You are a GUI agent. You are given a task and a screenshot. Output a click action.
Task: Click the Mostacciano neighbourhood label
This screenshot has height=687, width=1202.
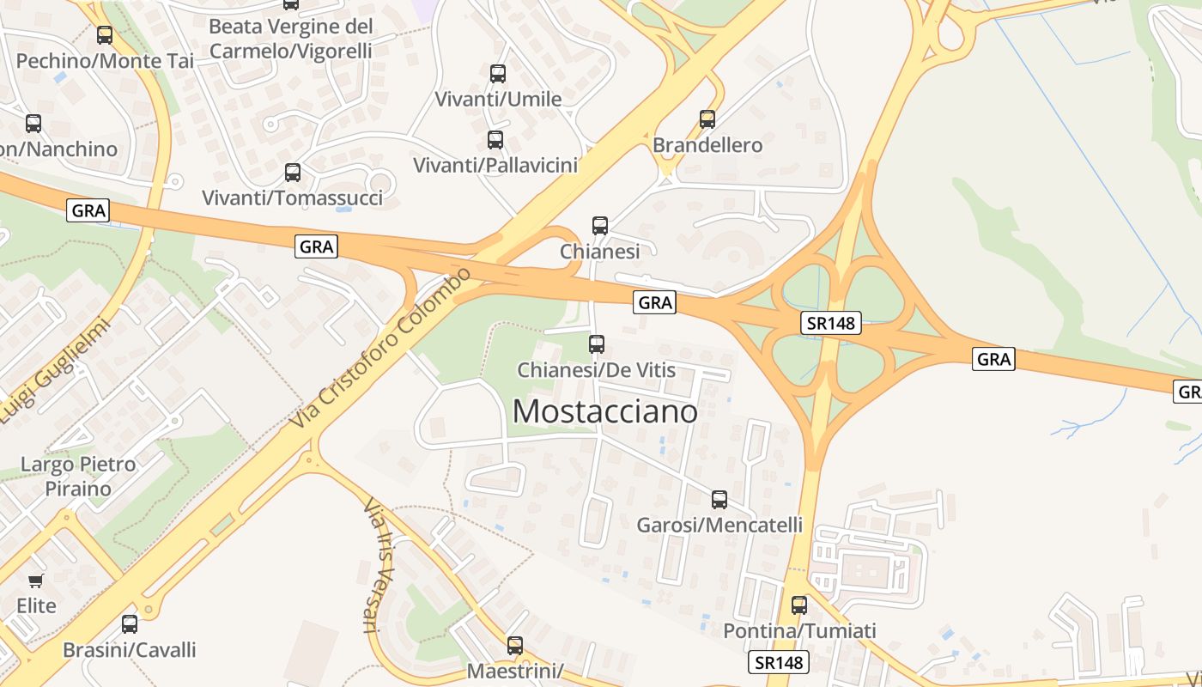pyautogui.click(x=604, y=411)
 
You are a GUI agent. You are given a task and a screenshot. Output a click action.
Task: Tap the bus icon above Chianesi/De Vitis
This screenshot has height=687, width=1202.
pyautogui.click(x=596, y=344)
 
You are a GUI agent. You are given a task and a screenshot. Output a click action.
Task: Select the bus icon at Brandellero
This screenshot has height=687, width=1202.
pyautogui.click(x=707, y=119)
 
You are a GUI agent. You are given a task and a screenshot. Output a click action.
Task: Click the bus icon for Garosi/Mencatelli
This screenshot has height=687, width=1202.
pyautogui.click(x=719, y=499)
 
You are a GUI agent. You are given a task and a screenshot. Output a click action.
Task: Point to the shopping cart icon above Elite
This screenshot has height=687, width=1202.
pyautogui.click(x=36, y=581)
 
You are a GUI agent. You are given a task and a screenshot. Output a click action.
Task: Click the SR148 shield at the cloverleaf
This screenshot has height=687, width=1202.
pyautogui.click(x=831, y=323)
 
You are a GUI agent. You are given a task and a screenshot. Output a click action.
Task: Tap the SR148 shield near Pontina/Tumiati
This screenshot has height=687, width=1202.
pyautogui.click(x=780, y=662)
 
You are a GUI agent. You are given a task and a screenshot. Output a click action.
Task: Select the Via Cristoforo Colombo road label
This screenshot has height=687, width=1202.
pyautogui.click(x=381, y=350)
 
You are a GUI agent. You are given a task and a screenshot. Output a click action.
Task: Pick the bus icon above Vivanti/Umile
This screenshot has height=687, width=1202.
pyautogui.click(x=498, y=74)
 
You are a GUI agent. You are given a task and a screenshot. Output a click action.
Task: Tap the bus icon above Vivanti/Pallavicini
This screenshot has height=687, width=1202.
pyautogui.click(x=495, y=139)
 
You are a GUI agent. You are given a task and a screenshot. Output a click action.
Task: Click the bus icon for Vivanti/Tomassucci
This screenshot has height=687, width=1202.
pyautogui.click(x=293, y=173)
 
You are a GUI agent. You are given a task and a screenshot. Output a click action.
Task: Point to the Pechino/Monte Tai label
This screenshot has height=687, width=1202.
pyautogui.click(x=105, y=61)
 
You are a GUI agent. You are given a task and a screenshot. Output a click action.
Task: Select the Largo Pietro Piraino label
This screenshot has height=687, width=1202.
pyautogui.click(x=78, y=477)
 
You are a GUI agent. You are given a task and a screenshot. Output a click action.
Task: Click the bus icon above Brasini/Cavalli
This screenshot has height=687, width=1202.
pyautogui.click(x=130, y=624)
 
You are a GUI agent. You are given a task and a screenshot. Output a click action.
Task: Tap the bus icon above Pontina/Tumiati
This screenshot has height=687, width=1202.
pyautogui.click(x=799, y=605)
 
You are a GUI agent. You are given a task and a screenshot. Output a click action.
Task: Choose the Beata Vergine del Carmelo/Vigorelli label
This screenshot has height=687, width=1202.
pyautogui.click(x=291, y=39)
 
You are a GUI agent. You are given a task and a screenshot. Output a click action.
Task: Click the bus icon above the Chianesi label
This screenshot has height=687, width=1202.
pyautogui.click(x=600, y=226)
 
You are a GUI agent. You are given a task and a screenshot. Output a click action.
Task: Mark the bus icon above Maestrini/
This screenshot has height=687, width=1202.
pyautogui.click(x=515, y=645)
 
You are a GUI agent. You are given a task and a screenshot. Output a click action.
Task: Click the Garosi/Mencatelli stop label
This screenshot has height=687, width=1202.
pyautogui.click(x=719, y=525)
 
